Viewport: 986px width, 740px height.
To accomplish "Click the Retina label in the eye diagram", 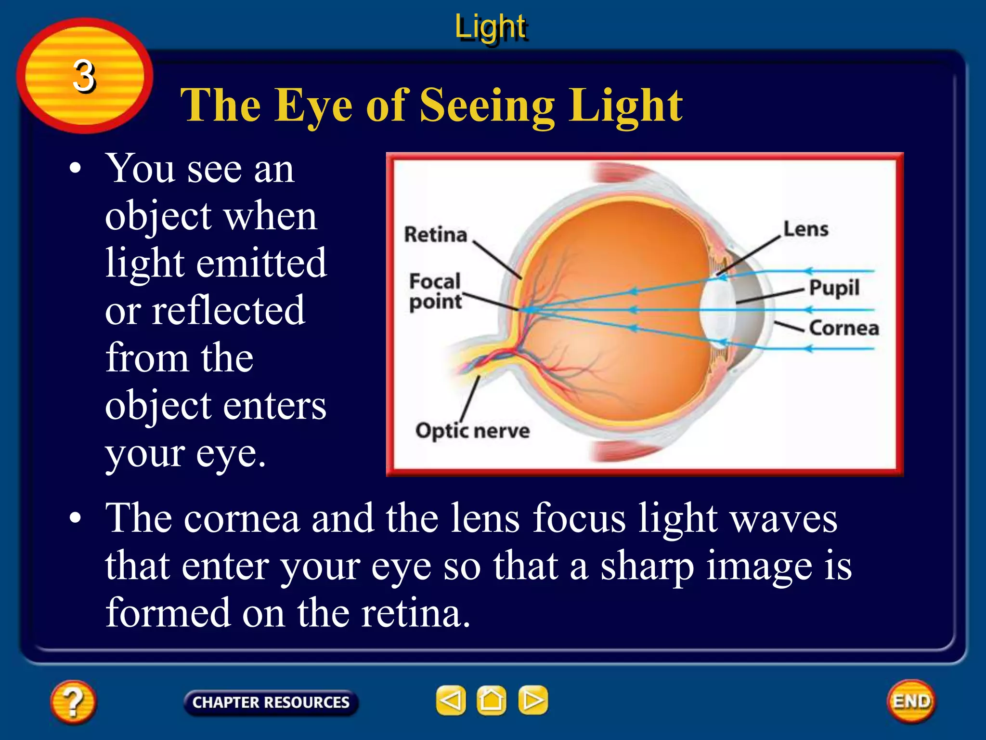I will [x=436, y=235].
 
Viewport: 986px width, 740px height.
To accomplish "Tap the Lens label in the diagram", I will [x=806, y=229].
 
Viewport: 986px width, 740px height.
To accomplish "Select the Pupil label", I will [x=834, y=288].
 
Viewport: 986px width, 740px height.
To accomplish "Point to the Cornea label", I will [x=844, y=328].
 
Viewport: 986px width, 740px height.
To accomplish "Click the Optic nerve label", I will [x=472, y=431].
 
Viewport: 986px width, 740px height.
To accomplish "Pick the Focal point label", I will [x=435, y=291].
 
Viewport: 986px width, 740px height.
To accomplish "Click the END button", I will [x=911, y=701].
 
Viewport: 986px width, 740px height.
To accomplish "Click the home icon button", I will [x=492, y=700].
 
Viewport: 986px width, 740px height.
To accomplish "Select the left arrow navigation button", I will [x=451, y=700].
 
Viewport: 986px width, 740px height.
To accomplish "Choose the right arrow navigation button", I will [x=533, y=700].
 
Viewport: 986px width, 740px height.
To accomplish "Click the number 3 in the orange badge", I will [x=84, y=76].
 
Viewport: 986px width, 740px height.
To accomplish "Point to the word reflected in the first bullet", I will [x=229, y=310].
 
